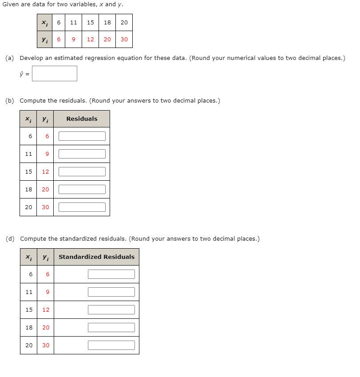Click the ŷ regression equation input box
coord(55,74)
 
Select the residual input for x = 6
coord(82,136)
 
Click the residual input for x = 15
coord(82,172)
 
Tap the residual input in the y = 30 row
coord(82,207)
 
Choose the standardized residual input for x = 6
coord(111,274)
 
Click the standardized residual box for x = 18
coord(111,328)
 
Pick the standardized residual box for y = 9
coord(111,292)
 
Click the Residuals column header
coord(82,119)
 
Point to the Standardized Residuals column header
coord(96,257)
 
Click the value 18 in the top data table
coord(107,22)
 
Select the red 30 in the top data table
coord(124,40)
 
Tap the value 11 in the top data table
coord(74,22)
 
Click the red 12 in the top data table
coord(91,40)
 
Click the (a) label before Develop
coord(10,58)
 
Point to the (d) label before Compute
coord(10,239)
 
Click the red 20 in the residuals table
coord(45,190)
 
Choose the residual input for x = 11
coord(82,154)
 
